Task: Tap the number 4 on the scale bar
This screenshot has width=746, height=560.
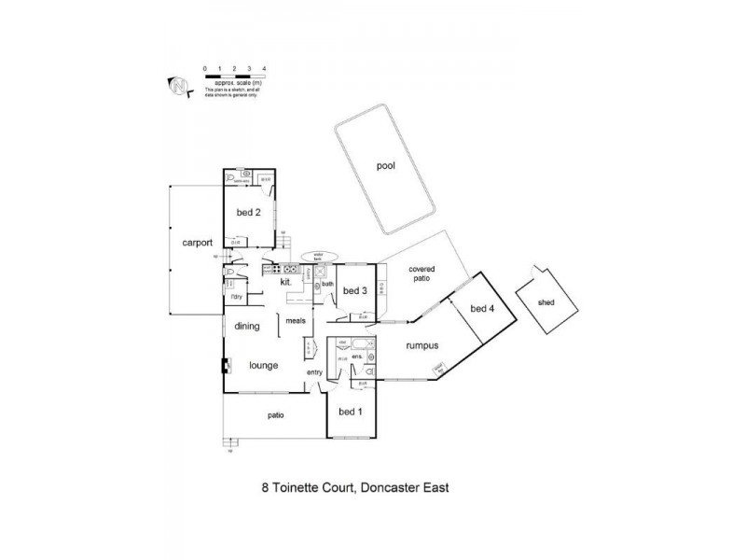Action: [x=265, y=69]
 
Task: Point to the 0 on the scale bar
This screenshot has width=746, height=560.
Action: [x=204, y=69]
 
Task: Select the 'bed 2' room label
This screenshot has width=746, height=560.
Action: [x=247, y=211]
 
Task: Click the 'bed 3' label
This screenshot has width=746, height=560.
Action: [x=354, y=291]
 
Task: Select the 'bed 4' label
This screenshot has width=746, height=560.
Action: [x=480, y=309]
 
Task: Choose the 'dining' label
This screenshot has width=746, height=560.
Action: [x=247, y=326]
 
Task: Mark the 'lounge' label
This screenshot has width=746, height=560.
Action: [x=263, y=365]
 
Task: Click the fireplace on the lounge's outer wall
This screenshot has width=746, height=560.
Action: [x=223, y=365]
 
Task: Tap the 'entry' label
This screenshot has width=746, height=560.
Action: [x=314, y=373]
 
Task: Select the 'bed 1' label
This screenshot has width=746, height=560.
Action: [x=350, y=413]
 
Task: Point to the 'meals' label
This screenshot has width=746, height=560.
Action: [x=297, y=320]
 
